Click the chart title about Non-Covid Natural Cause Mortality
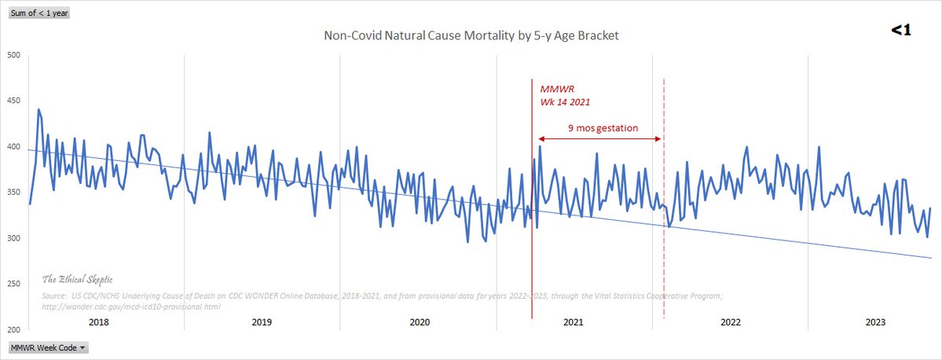pos(476,36)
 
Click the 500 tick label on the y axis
pos(13,55)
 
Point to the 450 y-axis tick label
pos(13,101)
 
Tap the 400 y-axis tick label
pos(13,146)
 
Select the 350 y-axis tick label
pos(13,193)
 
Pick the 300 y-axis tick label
pos(13,238)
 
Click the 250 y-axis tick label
pos(13,284)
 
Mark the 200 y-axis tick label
pos(13,329)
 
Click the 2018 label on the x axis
pos(99,322)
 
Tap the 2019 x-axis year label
pos(262,322)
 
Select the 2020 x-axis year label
pos(419,322)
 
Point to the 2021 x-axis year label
pos(574,322)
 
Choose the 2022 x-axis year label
pos(731,322)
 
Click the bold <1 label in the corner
pos(900,31)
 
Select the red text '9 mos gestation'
pos(603,127)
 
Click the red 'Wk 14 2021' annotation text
pos(564,102)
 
